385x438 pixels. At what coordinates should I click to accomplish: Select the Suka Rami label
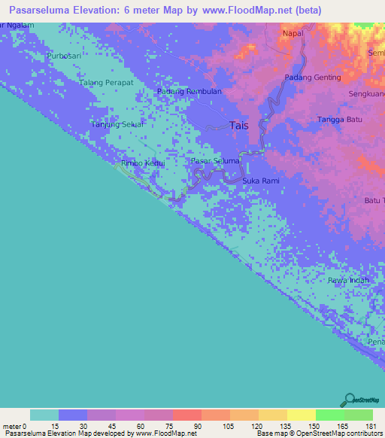click(260, 181)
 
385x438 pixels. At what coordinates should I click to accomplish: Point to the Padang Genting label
click(313, 78)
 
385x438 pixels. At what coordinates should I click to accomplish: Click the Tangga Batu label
click(340, 120)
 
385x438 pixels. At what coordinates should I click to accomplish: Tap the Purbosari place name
click(62, 56)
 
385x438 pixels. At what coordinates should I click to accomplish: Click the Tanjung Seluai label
click(118, 125)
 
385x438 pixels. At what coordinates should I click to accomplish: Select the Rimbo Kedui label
click(142, 162)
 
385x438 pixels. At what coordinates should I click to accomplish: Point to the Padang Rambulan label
click(189, 92)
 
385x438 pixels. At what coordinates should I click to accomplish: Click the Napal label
click(293, 34)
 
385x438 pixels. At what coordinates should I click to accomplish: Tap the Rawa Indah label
click(348, 280)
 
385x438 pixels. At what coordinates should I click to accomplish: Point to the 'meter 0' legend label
click(15, 426)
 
